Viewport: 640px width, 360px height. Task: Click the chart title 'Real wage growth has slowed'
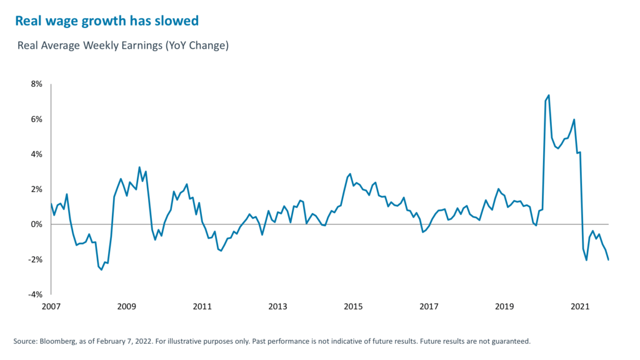(106, 21)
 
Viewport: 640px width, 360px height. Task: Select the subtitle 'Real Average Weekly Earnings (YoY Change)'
(124, 46)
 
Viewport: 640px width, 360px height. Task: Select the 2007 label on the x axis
(51, 307)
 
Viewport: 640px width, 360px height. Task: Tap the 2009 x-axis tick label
(126, 307)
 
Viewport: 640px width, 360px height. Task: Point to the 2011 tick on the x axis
(202, 307)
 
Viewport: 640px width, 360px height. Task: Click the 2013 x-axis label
(277, 307)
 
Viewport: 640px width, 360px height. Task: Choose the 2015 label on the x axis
(353, 307)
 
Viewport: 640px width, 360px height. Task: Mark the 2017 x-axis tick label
(429, 307)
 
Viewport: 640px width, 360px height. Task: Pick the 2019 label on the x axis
(504, 307)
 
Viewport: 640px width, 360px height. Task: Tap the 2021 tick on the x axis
(580, 307)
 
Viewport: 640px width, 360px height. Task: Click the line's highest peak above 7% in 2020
(549, 95)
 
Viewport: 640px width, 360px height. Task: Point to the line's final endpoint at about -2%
(608, 259)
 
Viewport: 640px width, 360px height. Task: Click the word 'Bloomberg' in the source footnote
(56, 341)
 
